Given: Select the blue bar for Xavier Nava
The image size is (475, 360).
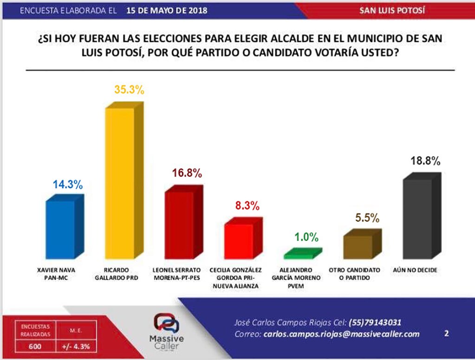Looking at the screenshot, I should point(60,229).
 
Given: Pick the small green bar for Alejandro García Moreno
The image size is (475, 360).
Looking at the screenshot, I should point(299,255).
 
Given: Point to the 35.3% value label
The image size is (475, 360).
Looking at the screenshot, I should point(129,90).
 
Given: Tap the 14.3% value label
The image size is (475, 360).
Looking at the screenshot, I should point(67,184).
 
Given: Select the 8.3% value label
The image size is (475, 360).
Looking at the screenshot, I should point(246,206).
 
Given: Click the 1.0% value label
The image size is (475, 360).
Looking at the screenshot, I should point(306,238).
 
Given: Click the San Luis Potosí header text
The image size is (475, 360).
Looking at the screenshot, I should point(392,10).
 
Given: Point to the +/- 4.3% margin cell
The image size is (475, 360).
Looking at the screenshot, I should point(76,346).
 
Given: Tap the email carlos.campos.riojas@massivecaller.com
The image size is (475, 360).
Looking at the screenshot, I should point(341,334).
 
